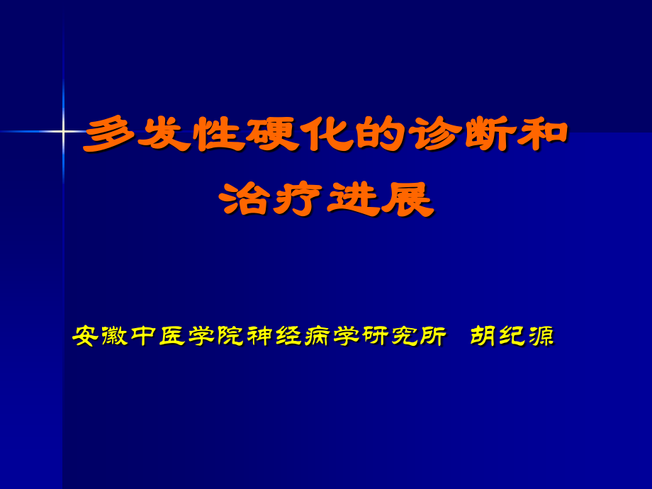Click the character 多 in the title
[110, 135]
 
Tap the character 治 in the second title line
[245, 198]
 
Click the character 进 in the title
[353, 198]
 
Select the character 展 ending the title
[407, 198]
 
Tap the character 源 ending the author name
[542, 336]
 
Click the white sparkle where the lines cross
[63, 132]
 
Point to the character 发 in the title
[164, 135]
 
